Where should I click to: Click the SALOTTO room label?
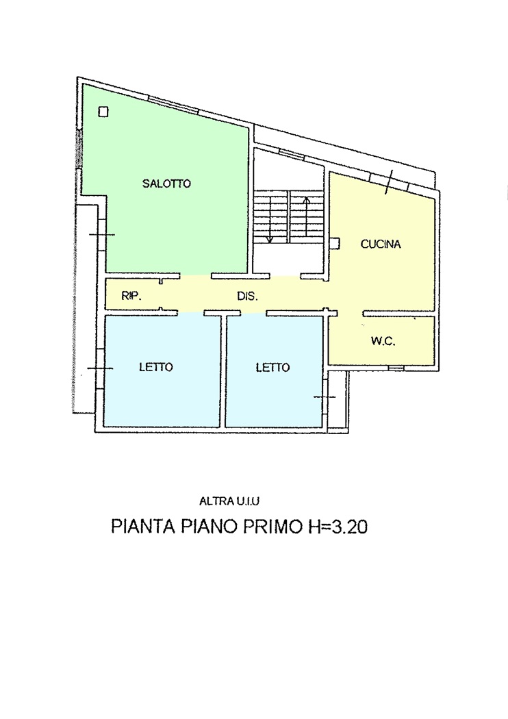coord(166,184)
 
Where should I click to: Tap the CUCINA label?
coord(380,244)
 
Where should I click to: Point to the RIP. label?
coord(131,297)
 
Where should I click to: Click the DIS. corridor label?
coord(246,297)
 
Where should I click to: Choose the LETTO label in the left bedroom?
coord(156,367)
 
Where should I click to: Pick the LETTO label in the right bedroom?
coord(272,367)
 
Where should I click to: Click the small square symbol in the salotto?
coord(103,112)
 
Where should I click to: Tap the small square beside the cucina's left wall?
coord(334,242)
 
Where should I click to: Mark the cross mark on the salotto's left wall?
coord(101,235)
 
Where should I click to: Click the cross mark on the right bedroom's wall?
coord(325,396)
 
